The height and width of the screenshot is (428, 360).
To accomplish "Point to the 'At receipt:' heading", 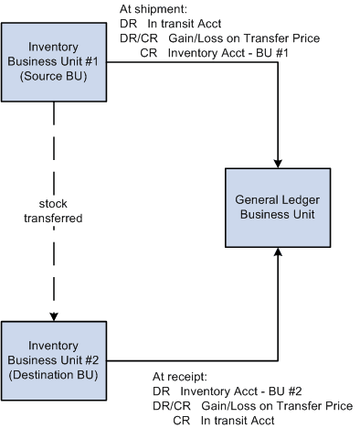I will click(181, 376).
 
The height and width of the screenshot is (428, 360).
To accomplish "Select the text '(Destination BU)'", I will click(54, 372).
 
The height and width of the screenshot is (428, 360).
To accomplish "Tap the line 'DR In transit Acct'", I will click(172, 23).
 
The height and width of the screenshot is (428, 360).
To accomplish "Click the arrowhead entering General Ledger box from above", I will click(276, 159).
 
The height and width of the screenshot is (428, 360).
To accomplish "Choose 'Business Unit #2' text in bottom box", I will click(54, 357).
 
